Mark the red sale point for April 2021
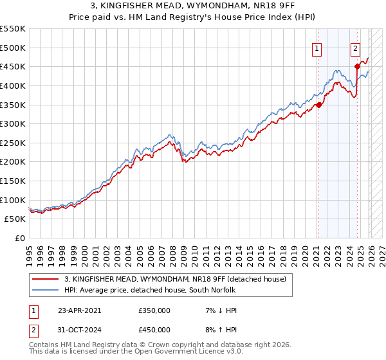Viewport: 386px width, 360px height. [318, 105]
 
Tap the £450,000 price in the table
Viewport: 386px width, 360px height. [154, 329]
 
